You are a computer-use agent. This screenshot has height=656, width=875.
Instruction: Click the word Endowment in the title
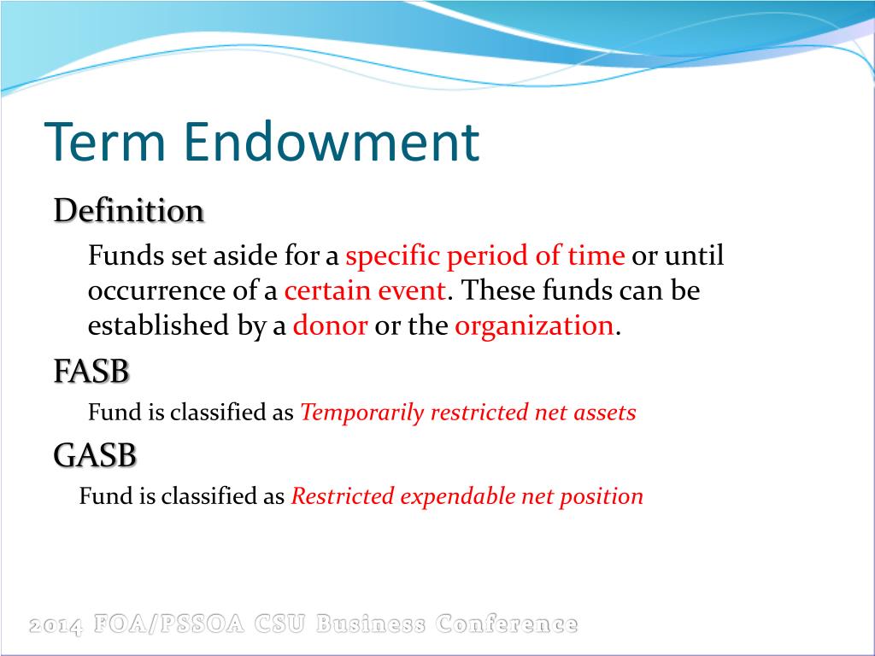tap(330, 143)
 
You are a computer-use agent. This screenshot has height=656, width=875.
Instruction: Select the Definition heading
tap(129, 210)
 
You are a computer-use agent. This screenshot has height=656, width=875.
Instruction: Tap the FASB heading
tap(91, 372)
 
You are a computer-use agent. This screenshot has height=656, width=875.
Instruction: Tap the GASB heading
tap(95, 456)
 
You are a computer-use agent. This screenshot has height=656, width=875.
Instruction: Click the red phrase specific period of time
tap(485, 256)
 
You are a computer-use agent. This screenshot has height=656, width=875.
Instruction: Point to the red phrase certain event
tap(365, 290)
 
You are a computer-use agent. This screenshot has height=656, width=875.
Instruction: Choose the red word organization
tap(534, 325)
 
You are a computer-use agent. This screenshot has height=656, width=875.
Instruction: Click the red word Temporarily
tap(362, 413)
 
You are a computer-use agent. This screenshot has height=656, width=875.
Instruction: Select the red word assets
tap(605, 413)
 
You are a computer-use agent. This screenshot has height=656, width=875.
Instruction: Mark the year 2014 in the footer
tap(56, 626)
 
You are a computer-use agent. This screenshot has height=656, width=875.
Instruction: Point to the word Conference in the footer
tap(506, 625)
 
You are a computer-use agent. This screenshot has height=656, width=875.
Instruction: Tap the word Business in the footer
tap(371, 625)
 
